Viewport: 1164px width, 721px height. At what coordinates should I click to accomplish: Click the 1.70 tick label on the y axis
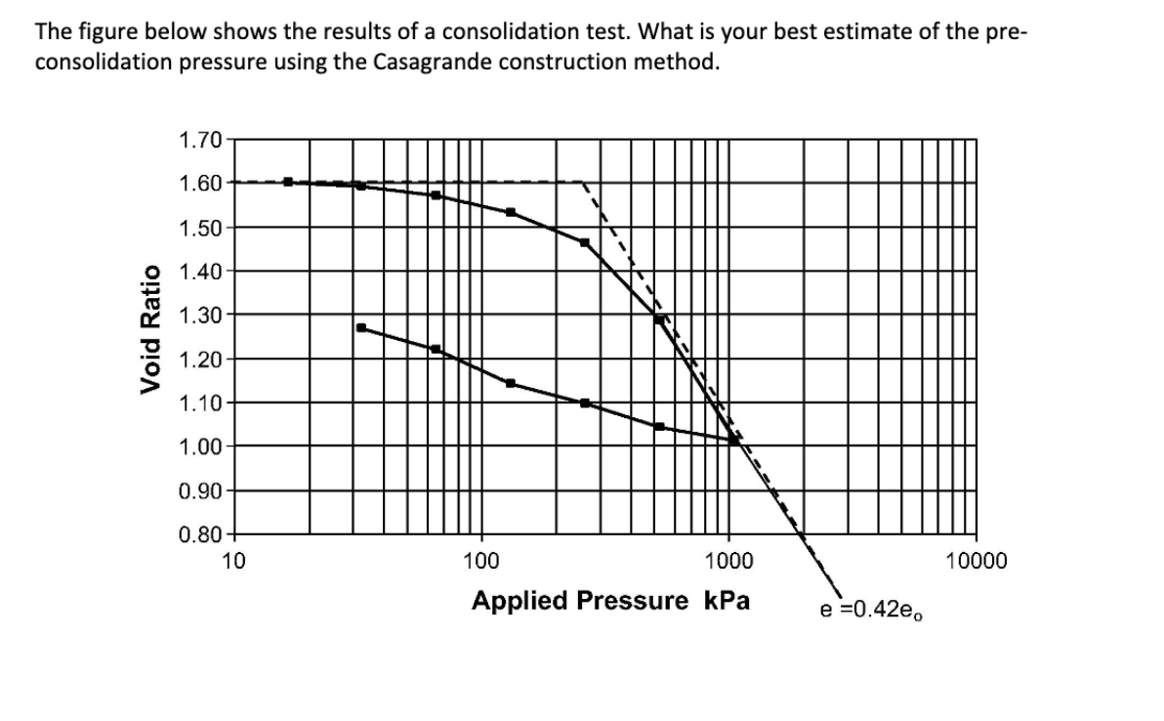point(201,139)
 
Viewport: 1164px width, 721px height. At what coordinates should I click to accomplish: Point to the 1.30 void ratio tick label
point(201,315)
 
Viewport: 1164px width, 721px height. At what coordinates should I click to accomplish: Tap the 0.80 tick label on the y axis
point(201,534)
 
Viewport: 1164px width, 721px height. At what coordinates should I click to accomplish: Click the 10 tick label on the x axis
point(232,561)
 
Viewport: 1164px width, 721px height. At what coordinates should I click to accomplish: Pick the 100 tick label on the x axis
point(479,561)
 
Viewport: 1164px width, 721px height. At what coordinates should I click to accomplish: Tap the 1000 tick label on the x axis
point(727,561)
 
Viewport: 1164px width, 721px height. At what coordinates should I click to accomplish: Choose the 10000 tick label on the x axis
point(975,561)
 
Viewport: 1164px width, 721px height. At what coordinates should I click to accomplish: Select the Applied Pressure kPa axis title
point(610,600)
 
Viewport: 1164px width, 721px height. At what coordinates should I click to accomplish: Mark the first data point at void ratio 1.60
point(288,181)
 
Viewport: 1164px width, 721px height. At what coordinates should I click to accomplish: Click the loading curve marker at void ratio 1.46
point(585,242)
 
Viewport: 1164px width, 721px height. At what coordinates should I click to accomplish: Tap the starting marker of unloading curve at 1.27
point(361,327)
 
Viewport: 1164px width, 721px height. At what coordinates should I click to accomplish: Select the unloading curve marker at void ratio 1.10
point(585,403)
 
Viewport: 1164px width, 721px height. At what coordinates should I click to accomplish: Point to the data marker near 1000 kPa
point(733,440)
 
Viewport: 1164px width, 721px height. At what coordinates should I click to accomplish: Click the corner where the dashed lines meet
point(583,182)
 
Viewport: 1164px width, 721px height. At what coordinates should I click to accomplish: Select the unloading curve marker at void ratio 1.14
point(510,383)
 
